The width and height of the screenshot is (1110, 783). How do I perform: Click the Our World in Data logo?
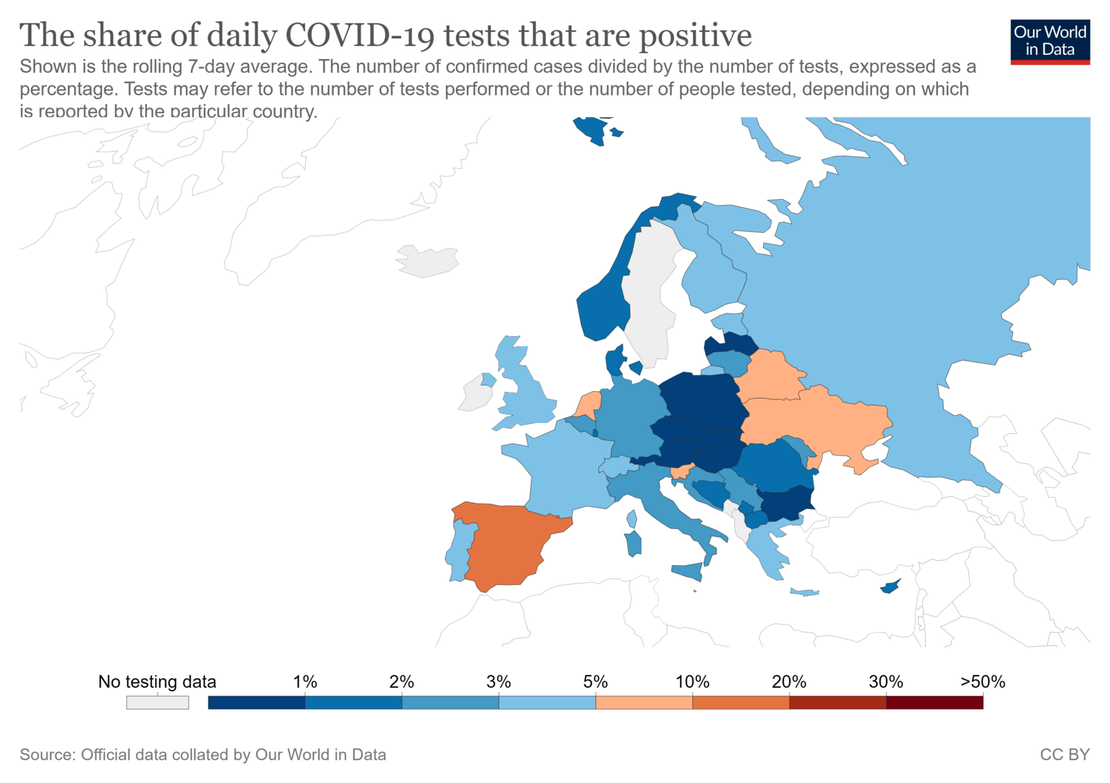click(x=1050, y=42)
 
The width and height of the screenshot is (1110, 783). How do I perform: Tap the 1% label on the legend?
click(x=305, y=682)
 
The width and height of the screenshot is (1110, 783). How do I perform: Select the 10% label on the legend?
click(x=692, y=682)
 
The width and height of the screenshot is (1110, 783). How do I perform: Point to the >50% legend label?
click(x=982, y=682)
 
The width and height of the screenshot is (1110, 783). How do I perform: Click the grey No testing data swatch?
click(x=157, y=703)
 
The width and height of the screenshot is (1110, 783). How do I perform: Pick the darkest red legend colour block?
click(x=934, y=703)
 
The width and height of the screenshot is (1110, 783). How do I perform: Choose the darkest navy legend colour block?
click(x=257, y=703)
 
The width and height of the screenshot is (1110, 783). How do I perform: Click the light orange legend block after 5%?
click(x=644, y=703)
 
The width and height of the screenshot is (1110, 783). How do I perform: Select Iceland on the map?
click(x=427, y=261)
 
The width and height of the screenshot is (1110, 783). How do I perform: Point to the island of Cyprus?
click(x=889, y=587)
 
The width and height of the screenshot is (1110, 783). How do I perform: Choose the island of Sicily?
click(x=688, y=571)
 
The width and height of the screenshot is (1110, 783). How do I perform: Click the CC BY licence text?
click(x=1064, y=755)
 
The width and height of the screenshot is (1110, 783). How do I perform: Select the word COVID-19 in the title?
click(x=359, y=35)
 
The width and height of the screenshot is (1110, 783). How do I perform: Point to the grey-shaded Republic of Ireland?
click(x=475, y=396)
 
